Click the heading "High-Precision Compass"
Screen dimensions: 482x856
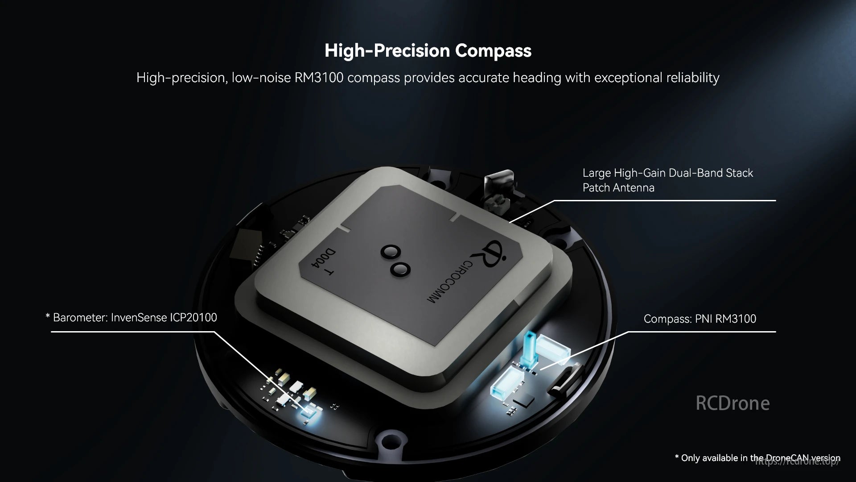(428, 50)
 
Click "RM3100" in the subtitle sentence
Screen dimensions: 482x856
(319, 78)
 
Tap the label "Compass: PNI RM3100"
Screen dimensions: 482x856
(700, 319)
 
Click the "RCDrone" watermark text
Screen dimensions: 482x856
(733, 403)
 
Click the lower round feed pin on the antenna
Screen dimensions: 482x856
(400, 269)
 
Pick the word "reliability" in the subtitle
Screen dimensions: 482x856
(693, 78)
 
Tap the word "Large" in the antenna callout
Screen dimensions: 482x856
(597, 173)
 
